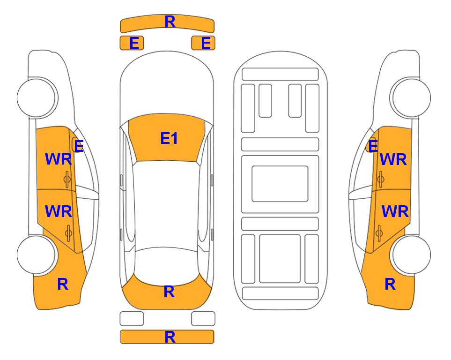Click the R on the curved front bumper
pyautogui.click(x=170, y=22)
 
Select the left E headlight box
pyautogui.click(x=132, y=43)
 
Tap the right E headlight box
pyautogui.click(x=203, y=43)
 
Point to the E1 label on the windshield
pyautogui.click(x=169, y=138)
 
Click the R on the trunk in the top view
pyautogui.click(x=169, y=292)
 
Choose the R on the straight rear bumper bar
pyautogui.click(x=170, y=337)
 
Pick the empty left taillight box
pyautogui.click(x=132, y=319)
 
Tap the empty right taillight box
pyautogui.click(x=203, y=319)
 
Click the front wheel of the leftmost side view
pyautogui.click(x=37, y=97)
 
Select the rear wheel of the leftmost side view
pyautogui.click(x=37, y=255)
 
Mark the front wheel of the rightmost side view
pyautogui.click(x=411, y=97)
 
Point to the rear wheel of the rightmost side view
pyautogui.click(x=411, y=255)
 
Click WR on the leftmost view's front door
pyautogui.click(x=59, y=159)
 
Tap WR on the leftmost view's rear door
pyautogui.click(x=59, y=211)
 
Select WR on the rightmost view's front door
pyautogui.click(x=393, y=159)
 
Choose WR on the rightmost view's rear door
pyautogui.click(x=395, y=211)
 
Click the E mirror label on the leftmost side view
pyautogui.click(x=79, y=146)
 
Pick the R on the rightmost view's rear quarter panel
pyautogui.click(x=390, y=284)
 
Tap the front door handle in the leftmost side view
pyautogui.click(x=67, y=180)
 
